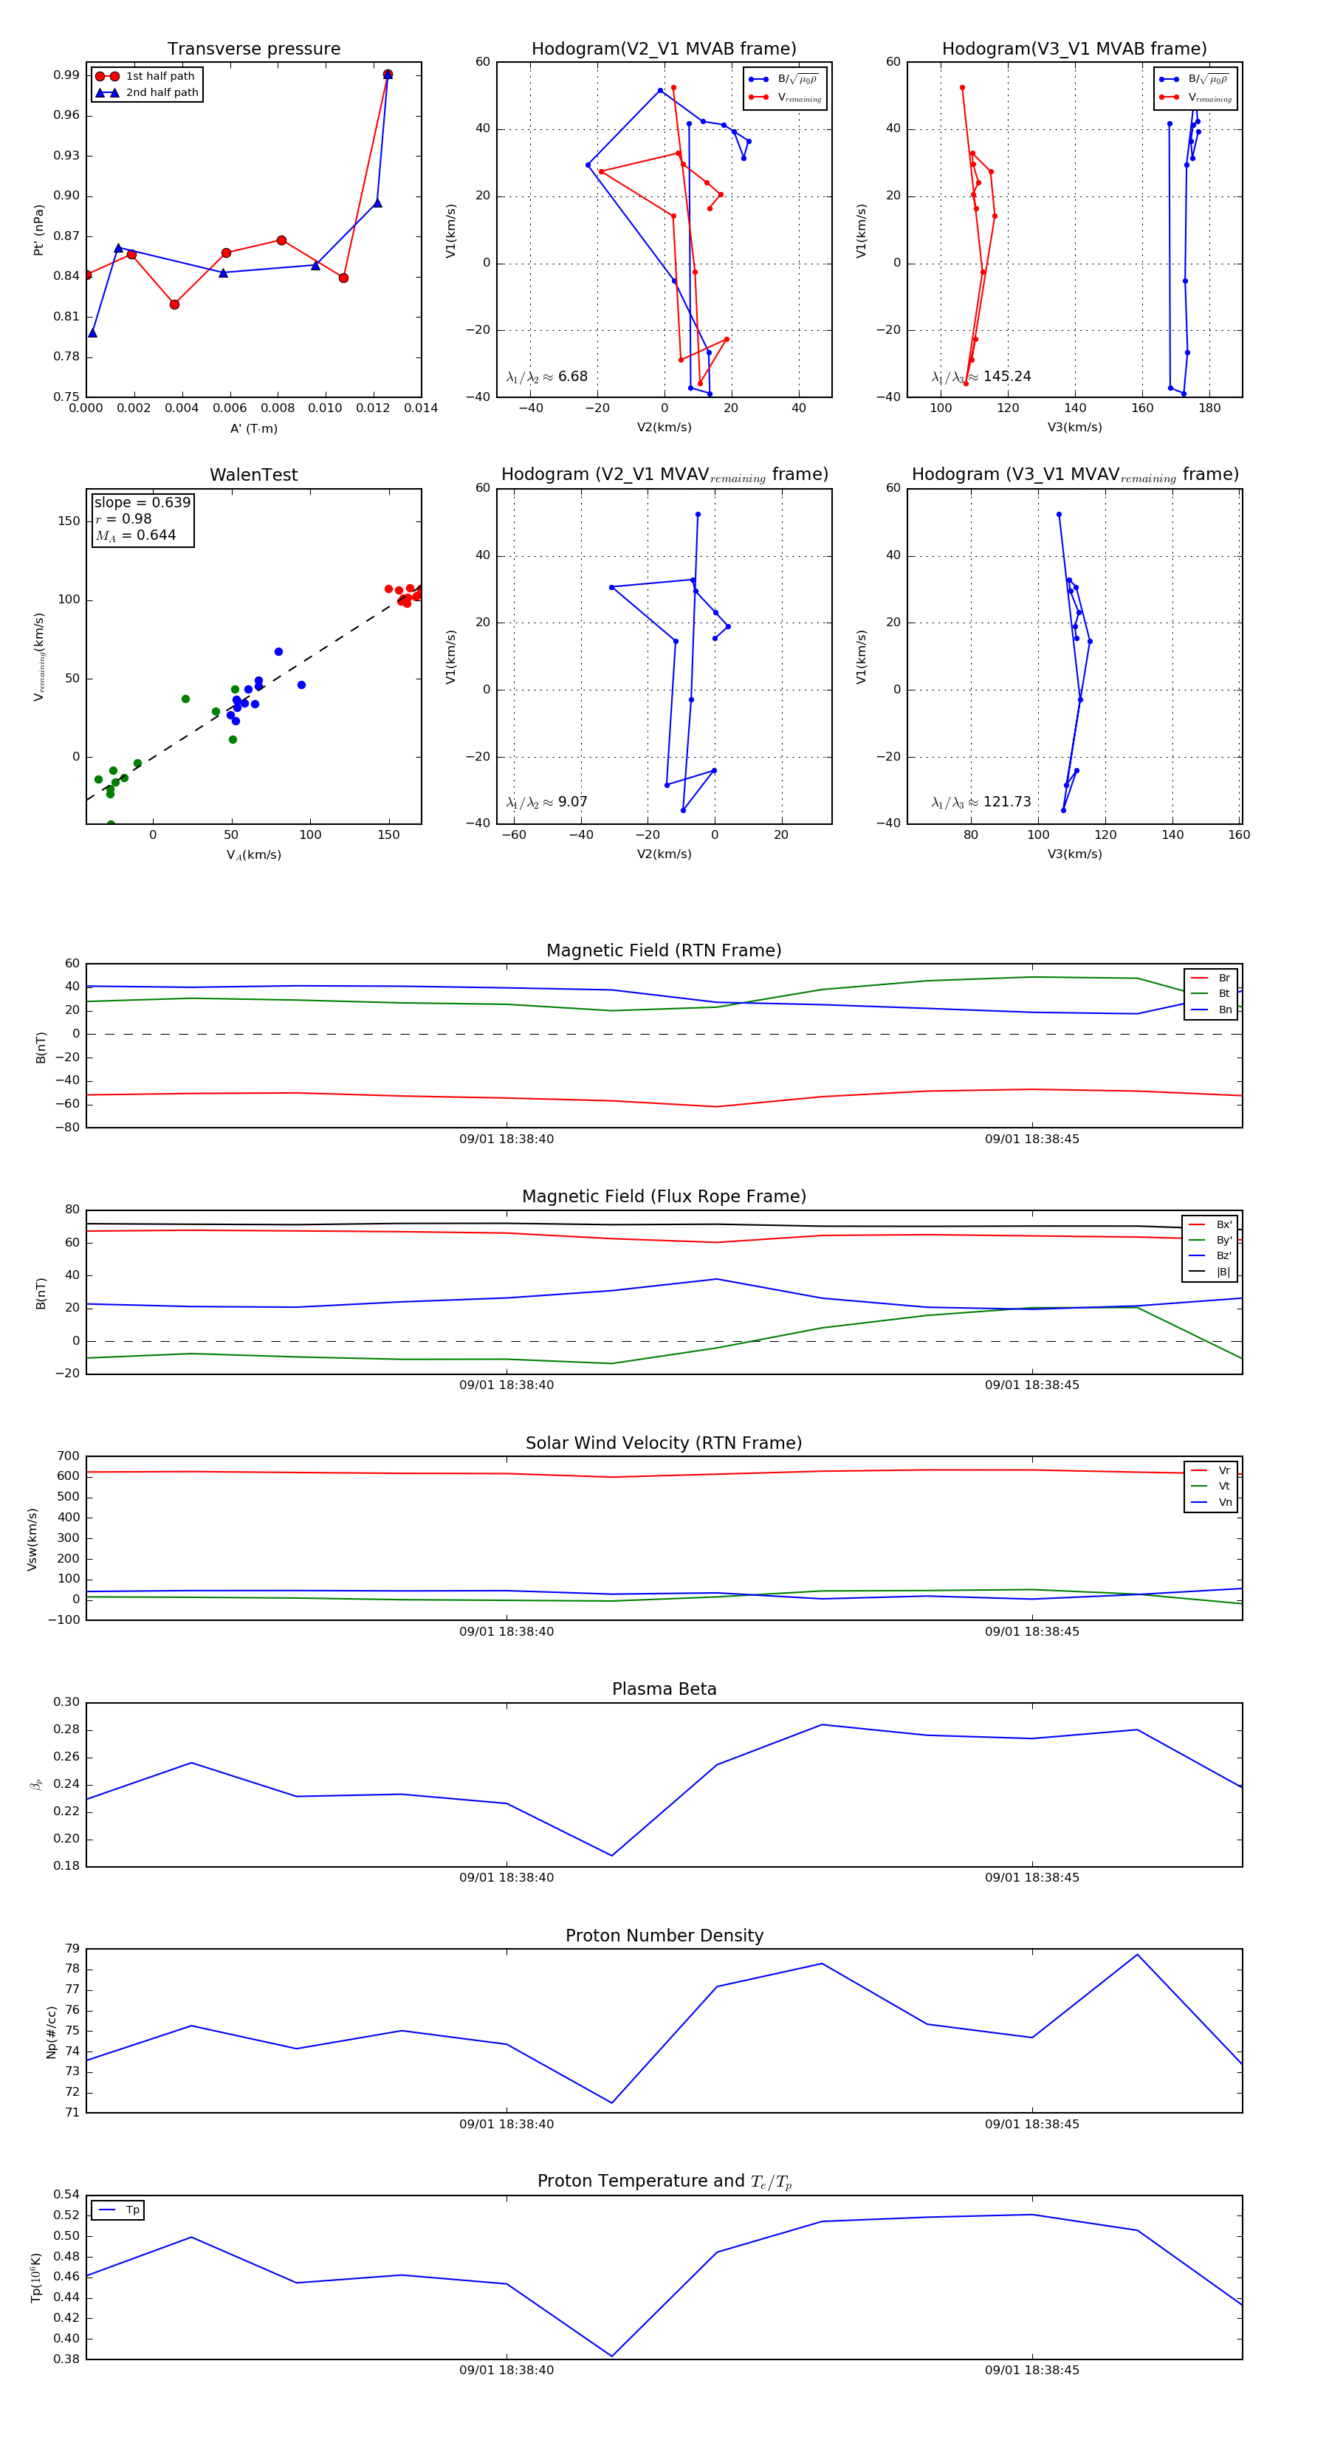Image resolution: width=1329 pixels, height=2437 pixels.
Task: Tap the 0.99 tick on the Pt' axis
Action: coord(66,75)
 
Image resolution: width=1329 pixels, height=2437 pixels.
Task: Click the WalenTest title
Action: coord(253,475)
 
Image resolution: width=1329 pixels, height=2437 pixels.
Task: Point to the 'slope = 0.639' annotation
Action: coord(142,502)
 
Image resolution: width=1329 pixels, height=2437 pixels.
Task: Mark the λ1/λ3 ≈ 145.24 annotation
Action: coord(981,377)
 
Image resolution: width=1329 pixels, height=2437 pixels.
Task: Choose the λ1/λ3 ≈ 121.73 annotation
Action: coord(981,802)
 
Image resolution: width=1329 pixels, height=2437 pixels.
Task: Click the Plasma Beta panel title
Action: coord(664,1690)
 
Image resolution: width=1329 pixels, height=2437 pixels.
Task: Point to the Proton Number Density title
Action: coord(664,1936)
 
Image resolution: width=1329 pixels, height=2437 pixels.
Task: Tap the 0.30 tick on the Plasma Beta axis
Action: coord(66,1702)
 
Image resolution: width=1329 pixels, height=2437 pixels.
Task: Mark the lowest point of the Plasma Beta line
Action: coord(612,1855)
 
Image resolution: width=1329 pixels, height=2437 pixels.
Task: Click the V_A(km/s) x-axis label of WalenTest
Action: coord(253,855)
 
